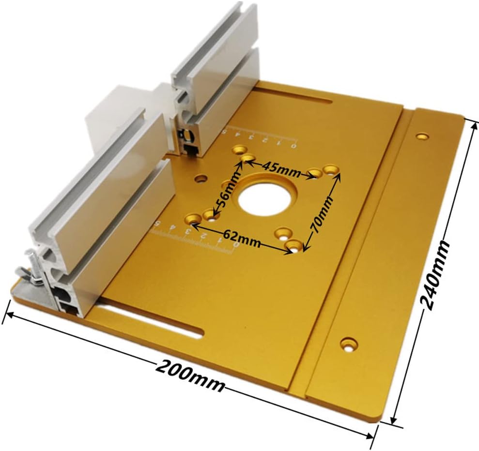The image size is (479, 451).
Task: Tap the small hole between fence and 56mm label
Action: [200, 179]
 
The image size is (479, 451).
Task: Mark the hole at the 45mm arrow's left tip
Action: [248, 158]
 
